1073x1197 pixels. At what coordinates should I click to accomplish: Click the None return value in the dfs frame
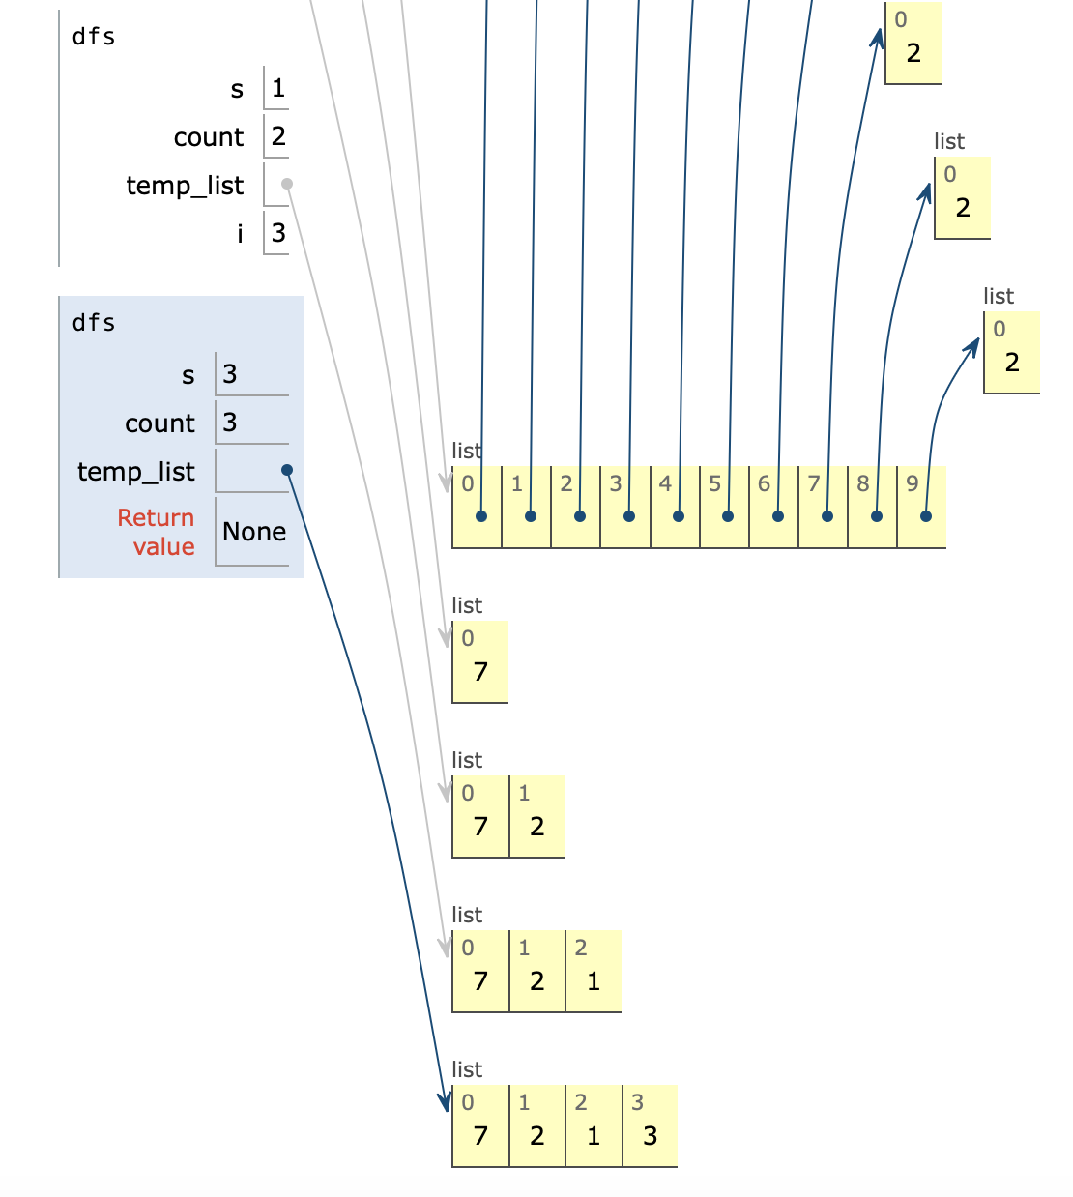[x=254, y=532]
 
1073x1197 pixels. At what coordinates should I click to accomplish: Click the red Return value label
[x=157, y=532]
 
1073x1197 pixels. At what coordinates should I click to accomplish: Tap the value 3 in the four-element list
[x=650, y=1135]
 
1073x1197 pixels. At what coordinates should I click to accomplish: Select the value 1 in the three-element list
[x=594, y=980]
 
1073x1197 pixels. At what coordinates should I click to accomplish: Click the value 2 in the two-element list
[x=537, y=826]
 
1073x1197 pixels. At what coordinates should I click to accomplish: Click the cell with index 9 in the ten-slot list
[x=921, y=506]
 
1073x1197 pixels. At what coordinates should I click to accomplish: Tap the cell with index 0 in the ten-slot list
[x=478, y=506]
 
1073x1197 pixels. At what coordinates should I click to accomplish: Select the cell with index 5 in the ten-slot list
[x=724, y=506]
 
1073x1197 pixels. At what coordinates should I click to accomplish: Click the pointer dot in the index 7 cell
[x=827, y=516]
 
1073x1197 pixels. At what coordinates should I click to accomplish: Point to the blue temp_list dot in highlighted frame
[x=287, y=470]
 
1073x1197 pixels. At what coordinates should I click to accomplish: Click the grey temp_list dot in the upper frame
[x=287, y=184]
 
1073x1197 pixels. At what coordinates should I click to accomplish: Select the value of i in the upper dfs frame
[x=278, y=232]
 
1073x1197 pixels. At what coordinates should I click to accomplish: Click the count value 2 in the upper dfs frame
[x=278, y=136]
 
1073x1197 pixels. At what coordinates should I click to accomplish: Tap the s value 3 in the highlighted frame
[x=230, y=374]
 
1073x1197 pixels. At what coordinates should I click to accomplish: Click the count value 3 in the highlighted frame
[x=230, y=423]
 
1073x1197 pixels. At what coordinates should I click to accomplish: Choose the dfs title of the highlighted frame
[x=94, y=323]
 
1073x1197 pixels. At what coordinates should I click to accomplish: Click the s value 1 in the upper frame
[x=278, y=89]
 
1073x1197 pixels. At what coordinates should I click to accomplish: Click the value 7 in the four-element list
[x=480, y=1135]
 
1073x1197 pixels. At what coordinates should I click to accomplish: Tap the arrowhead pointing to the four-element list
[x=445, y=1103]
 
